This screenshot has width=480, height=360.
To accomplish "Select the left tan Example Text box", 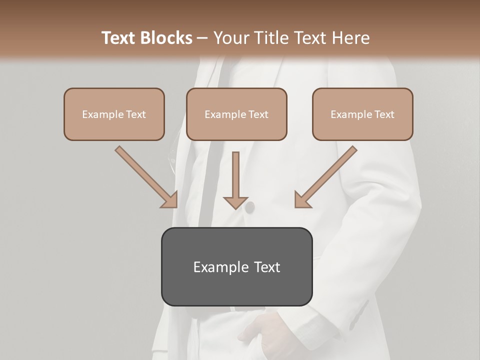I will click(114, 114).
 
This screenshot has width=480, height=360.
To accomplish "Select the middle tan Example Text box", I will click(236, 114).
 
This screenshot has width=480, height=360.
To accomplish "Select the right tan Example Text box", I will click(362, 114).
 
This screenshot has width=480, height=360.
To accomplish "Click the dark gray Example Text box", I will click(236, 266).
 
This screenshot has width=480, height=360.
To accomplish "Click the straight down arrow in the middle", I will click(235, 177).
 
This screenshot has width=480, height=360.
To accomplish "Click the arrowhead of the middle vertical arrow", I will click(235, 202).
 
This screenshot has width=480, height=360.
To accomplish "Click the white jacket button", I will click(248, 206).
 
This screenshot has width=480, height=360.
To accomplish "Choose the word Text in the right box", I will click(383, 114).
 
